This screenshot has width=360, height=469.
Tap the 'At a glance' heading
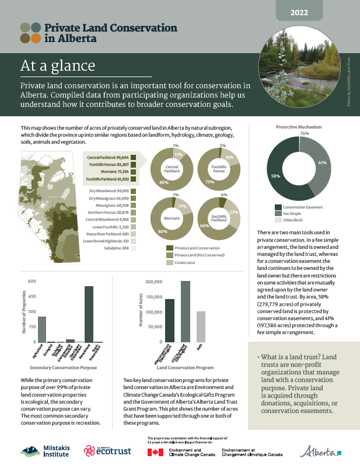[x=54, y=64]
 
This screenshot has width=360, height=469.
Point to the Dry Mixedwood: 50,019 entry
[x=109, y=191]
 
